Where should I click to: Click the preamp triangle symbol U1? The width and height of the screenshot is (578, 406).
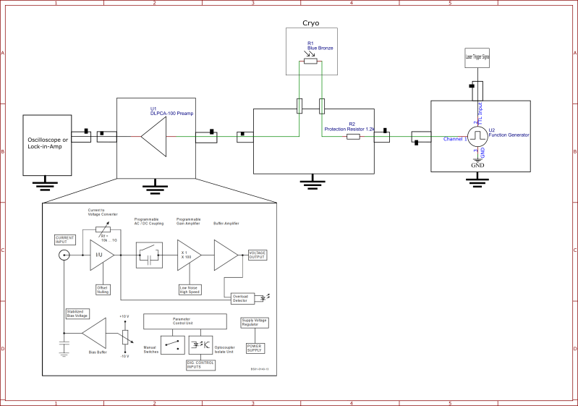[x=155, y=136]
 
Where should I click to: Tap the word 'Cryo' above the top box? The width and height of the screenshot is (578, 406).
[x=311, y=24]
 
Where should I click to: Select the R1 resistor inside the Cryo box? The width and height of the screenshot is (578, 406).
[x=310, y=62]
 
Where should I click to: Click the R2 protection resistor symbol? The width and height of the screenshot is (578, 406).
[x=353, y=136]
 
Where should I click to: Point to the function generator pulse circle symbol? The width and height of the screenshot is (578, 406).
[x=477, y=135]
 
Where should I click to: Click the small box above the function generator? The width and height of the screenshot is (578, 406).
[x=477, y=56]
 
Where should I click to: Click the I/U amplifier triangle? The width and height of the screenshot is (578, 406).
[x=101, y=255]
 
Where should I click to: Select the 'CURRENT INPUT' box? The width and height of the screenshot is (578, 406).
[x=65, y=240]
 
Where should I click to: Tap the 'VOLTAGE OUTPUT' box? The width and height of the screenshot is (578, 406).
[x=258, y=255]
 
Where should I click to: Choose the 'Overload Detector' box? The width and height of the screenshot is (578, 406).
[x=239, y=298]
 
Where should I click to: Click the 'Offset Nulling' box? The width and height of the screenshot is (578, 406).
[x=103, y=289]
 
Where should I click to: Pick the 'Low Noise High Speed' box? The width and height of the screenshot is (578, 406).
[x=189, y=289]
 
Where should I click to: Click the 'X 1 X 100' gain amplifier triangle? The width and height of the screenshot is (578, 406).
[x=187, y=255]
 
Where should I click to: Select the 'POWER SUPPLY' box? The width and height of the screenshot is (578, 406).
[x=255, y=348]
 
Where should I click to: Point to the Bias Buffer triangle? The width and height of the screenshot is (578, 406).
[x=95, y=336]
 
